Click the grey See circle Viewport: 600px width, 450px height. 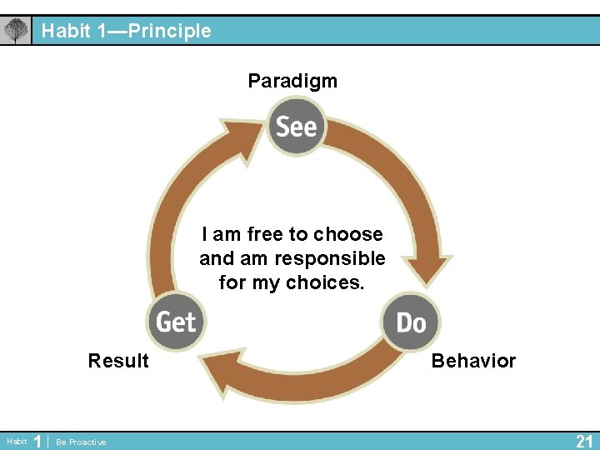point(296,126)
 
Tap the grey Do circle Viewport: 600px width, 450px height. point(410,322)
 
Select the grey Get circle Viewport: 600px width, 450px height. point(176,321)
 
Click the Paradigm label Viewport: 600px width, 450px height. point(292,81)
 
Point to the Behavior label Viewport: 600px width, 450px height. point(473,361)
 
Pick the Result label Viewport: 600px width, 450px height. point(118,361)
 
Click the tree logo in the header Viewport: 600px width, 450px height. point(15,32)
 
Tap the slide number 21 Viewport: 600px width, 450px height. point(584,441)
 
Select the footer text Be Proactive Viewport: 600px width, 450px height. point(81,442)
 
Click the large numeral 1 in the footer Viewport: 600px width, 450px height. point(37,441)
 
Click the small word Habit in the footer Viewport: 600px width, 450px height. point(16,442)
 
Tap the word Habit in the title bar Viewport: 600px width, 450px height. point(65,32)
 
